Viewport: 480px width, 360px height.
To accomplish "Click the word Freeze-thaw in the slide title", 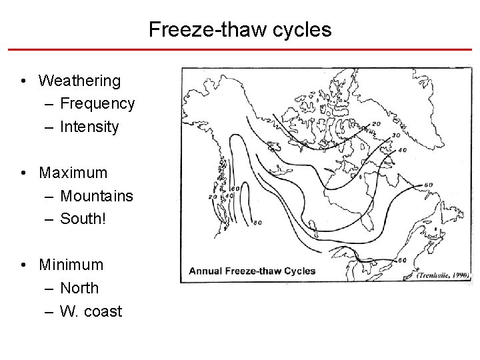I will coord(198,30).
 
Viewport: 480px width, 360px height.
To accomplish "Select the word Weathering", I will coord(80,81).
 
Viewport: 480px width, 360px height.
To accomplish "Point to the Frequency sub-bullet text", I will coord(97,103).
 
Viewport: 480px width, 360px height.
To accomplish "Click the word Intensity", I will coord(89,127).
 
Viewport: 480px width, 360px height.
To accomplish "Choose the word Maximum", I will coord(73,173).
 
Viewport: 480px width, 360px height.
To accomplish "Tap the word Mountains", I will coord(97,196).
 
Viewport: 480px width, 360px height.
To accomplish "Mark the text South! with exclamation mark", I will coord(83,219).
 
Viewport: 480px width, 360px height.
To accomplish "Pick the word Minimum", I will coord(71,265).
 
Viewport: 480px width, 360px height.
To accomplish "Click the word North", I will coord(79,288).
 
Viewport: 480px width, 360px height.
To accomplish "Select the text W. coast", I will coord(91,311).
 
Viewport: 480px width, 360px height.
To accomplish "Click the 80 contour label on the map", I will coord(257,223).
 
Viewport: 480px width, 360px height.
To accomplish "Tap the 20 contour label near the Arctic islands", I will coord(376,123).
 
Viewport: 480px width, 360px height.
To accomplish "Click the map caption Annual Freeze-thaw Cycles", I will coord(252,271).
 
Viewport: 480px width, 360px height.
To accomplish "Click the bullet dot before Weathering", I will coord(23,81).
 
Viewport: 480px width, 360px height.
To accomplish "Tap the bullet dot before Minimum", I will coord(23,265).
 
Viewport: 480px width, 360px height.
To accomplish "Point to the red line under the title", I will coord(240,49).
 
